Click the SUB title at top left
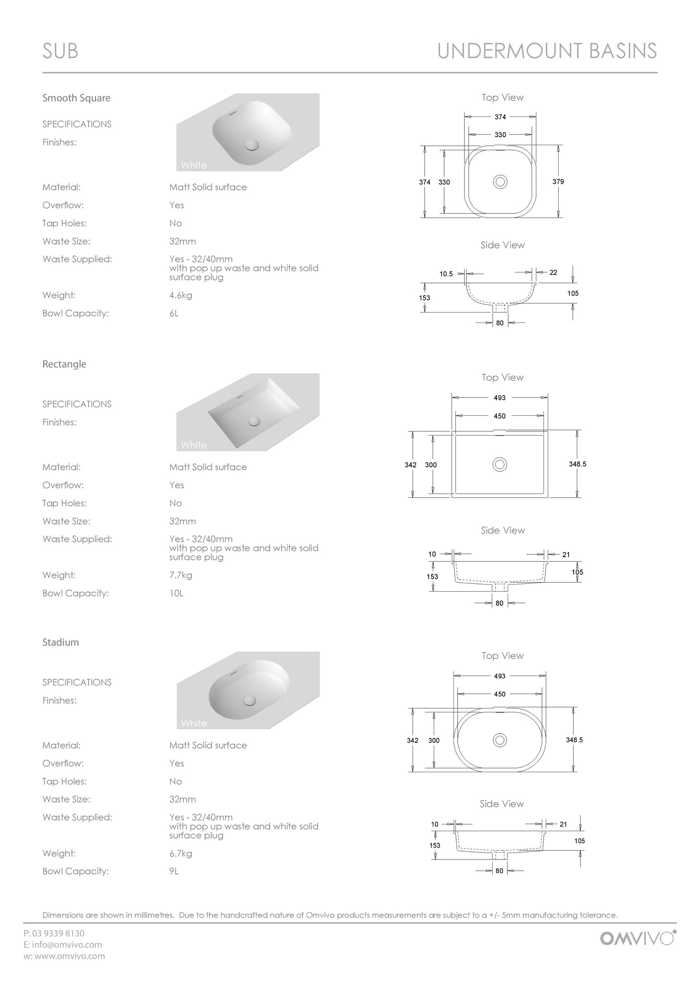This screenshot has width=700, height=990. coord(60,51)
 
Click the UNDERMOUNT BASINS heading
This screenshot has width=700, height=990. coord(547,51)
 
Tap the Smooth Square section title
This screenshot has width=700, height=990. coord(76,98)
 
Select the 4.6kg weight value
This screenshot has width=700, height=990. coord(181,296)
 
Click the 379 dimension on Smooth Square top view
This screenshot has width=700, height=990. coord(558,181)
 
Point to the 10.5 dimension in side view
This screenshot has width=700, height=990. coord(446,273)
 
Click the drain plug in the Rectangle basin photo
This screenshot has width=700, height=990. coord(255,421)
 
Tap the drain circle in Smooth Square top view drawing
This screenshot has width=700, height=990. coord(500,181)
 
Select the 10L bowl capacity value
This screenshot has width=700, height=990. coord(176,593)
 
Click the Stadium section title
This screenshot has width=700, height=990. coord(61,642)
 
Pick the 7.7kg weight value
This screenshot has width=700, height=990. coord(181,575)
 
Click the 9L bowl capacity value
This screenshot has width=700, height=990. coord(174,871)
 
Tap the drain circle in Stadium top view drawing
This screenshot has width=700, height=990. coord(500,740)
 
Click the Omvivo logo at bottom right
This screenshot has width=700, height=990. coord(637,938)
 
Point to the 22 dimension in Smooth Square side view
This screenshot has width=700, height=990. coord(553,272)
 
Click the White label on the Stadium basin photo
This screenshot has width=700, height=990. coord(194,723)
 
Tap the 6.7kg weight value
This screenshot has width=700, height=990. coord(181,853)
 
